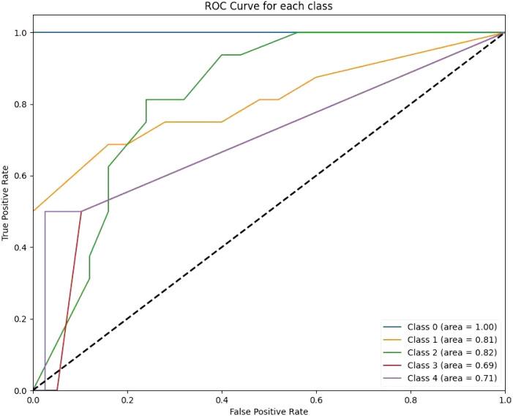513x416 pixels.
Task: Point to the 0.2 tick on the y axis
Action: click(x=20, y=319)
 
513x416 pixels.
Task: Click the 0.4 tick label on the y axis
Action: click(x=20, y=248)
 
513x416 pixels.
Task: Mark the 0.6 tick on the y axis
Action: click(x=20, y=176)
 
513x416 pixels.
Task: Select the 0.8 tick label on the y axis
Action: click(x=20, y=104)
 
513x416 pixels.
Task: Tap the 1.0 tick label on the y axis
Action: click(x=20, y=33)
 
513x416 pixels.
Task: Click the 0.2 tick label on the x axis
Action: click(x=127, y=401)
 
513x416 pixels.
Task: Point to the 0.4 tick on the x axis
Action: click(x=222, y=401)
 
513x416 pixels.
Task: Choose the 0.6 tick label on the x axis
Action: click(x=316, y=401)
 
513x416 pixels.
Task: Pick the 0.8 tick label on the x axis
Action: click(x=411, y=401)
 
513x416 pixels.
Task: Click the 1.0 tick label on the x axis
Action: click(x=504, y=401)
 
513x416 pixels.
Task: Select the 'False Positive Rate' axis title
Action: click(x=269, y=412)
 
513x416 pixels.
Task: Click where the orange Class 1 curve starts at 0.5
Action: click(x=34, y=211)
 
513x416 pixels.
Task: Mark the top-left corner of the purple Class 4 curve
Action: click(x=45, y=212)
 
